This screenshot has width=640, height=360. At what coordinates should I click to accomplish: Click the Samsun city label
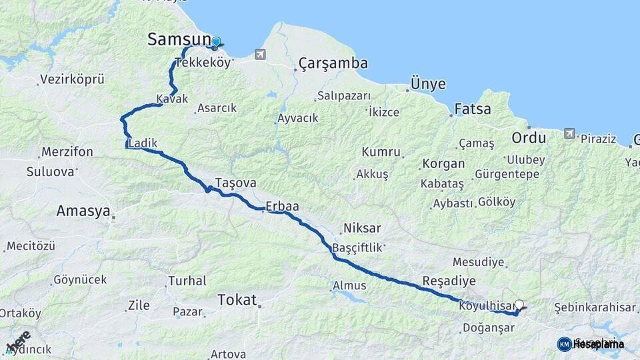pyautogui.click(x=179, y=40)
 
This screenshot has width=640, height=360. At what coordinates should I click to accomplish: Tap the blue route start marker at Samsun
pyautogui.click(x=215, y=43)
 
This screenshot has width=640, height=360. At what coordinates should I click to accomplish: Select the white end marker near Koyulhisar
pyautogui.click(x=519, y=305)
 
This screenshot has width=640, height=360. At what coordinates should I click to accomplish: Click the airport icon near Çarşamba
pyautogui.click(x=260, y=54)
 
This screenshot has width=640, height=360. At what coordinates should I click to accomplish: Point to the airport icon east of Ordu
pyautogui.click(x=569, y=133)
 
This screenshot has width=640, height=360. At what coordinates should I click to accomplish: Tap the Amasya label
pyautogui.click(x=83, y=211)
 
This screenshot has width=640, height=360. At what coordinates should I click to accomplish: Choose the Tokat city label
pyautogui.click(x=237, y=301)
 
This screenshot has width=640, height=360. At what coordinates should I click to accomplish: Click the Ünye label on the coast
pyautogui.click(x=428, y=84)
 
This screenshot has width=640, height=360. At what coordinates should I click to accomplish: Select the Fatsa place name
pyautogui.click(x=472, y=109)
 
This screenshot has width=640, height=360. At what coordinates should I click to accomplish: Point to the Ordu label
pyautogui.click(x=529, y=138)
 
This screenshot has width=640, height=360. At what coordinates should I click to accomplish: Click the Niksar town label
pyautogui.click(x=362, y=229)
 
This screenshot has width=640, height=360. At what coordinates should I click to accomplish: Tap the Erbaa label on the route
pyautogui.click(x=282, y=207)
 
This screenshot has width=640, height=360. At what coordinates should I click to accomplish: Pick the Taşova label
pyautogui.click(x=236, y=183)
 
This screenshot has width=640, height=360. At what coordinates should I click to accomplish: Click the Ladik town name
pyautogui.click(x=143, y=143)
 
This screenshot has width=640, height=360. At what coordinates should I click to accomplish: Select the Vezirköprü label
pyautogui.click(x=72, y=79)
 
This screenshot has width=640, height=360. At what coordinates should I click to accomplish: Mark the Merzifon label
pyautogui.click(x=67, y=152)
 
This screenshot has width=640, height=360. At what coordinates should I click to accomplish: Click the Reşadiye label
pyautogui.click(x=449, y=280)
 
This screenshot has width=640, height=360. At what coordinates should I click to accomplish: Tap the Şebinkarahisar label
pyautogui.click(x=595, y=307)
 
